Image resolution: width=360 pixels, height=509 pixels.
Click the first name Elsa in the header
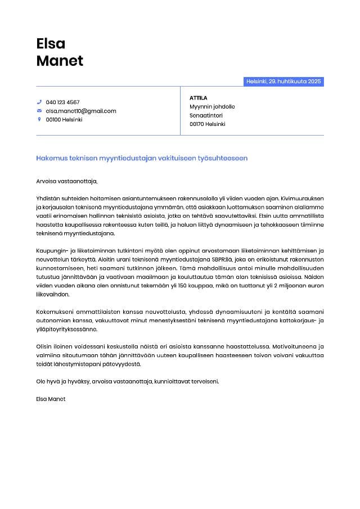tap(51, 43)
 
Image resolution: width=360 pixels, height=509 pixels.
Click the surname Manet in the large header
tap(60, 61)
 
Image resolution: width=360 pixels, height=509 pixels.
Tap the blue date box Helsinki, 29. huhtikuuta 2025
tap(283, 82)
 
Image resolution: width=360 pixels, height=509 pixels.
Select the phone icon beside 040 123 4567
tap(39, 102)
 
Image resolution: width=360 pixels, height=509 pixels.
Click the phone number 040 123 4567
tap(62, 102)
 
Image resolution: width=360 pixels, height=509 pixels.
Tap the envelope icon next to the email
tap(39, 111)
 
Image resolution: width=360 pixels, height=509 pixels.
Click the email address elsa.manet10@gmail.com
tap(81, 111)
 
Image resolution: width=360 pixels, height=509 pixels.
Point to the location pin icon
tap(39, 119)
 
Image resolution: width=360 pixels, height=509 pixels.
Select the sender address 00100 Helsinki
tap(64, 119)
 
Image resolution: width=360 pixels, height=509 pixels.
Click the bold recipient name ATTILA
tap(199, 98)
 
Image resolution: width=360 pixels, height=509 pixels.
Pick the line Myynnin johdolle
tap(212, 106)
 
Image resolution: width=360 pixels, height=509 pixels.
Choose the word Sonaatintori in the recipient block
tap(206, 115)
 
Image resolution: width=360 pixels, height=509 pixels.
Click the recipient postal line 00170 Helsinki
tap(208, 124)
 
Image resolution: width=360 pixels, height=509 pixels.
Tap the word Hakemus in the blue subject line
tap(51, 159)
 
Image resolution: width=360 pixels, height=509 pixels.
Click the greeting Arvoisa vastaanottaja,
tap(67, 181)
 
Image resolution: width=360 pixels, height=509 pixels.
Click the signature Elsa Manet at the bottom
tap(51, 399)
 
